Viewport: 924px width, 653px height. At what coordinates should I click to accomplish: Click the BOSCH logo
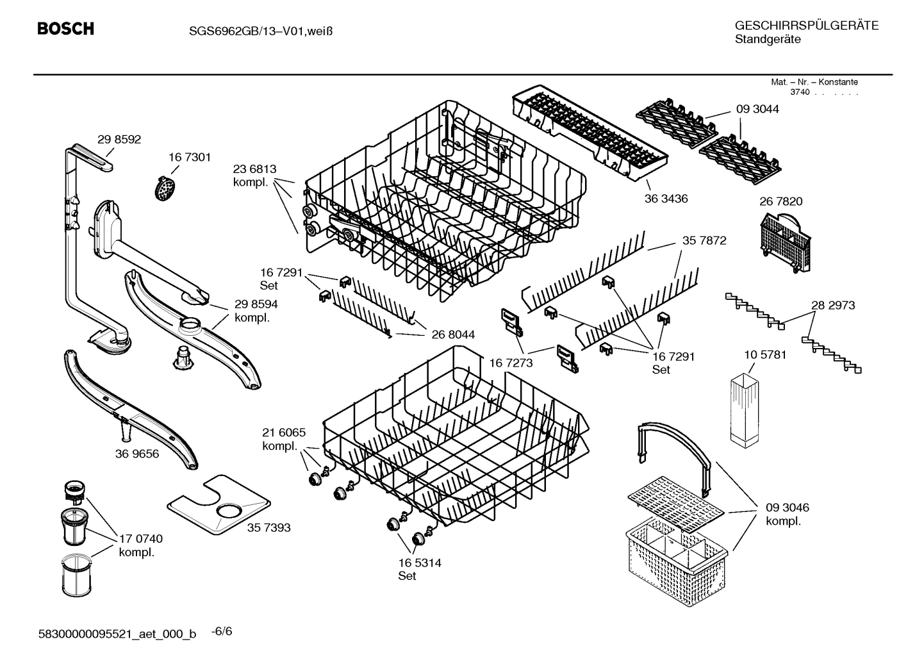tap(65, 29)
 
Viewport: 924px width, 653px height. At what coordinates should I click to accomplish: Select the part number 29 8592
tap(119, 139)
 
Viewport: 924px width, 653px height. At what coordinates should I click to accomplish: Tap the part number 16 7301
tap(190, 157)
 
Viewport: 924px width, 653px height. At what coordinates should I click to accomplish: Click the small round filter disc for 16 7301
tap(166, 188)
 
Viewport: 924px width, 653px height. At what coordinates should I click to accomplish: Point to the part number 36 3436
tap(666, 199)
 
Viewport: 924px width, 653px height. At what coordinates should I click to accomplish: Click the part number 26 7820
tap(780, 201)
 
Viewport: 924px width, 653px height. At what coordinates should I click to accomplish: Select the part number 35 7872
tap(704, 241)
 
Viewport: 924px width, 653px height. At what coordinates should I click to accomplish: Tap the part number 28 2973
tap(833, 305)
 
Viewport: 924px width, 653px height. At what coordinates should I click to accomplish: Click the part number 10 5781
tap(765, 354)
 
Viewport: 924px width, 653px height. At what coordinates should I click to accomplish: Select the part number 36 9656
tap(137, 454)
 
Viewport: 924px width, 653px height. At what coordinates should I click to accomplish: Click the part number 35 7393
tap(268, 527)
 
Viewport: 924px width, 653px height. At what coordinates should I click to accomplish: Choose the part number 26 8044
tap(453, 335)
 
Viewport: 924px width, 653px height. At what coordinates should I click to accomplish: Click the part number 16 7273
tap(511, 363)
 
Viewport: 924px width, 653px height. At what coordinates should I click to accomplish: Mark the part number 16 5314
tap(420, 563)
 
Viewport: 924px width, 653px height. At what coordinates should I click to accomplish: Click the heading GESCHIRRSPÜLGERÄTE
tap(806, 26)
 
